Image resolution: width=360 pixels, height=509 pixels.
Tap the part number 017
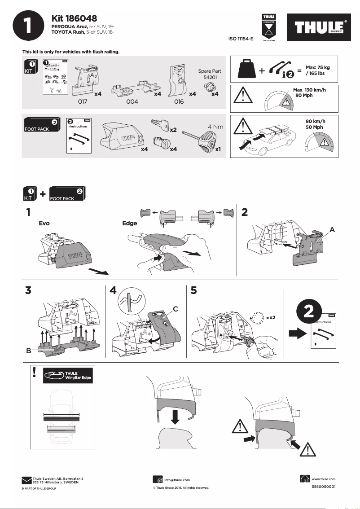pyautogui.click(x=83, y=102)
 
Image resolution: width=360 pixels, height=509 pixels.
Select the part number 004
pyautogui.click(x=132, y=102)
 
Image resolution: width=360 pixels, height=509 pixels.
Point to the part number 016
pyautogui.click(x=179, y=102)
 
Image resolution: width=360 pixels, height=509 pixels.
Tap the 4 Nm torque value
pyautogui.click(x=215, y=127)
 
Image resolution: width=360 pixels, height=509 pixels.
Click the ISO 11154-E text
pyautogui.click(x=241, y=39)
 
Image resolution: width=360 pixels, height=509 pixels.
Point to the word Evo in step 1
pyautogui.click(x=44, y=223)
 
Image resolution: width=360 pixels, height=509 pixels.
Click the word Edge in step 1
pyautogui.click(x=130, y=223)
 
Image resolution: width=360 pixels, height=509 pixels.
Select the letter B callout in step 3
pyautogui.click(x=28, y=351)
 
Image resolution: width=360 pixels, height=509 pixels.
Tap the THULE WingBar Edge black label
pyautogui.click(x=67, y=376)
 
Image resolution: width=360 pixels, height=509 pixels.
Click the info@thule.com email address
pyautogui.click(x=177, y=480)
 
